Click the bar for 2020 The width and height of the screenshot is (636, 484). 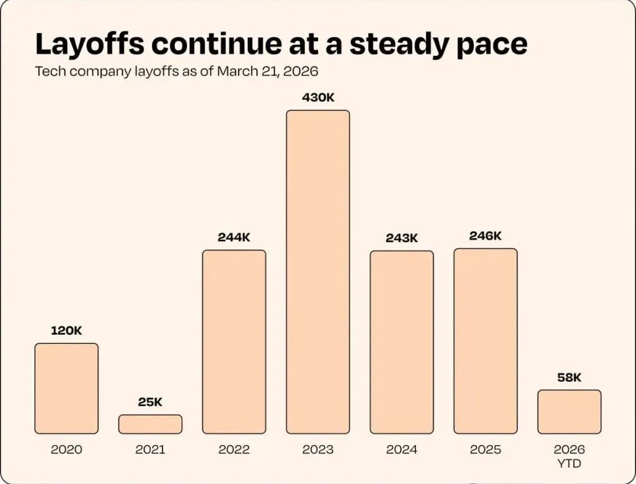pyautogui.click(x=67, y=388)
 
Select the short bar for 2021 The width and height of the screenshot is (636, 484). pyautogui.click(x=150, y=424)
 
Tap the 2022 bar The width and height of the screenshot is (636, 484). pyautogui.click(x=234, y=342)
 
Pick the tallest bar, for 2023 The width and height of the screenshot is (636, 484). pyautogui.click(x=318, y=272)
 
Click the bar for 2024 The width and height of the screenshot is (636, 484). pyautogui.click(x=402, y=342)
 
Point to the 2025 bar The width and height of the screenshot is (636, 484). pyautogui.click(x=485, y=341)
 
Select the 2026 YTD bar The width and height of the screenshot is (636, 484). pyautogui.click(x=569, y=412)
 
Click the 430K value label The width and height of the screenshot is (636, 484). pyautogui.click(x=318, y=98)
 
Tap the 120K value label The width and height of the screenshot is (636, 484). pyautogui.click(x=67, y=331)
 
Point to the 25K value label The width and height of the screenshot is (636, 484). pyautogui.click(x=150, y=402)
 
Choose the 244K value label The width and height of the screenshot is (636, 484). pyautogui.click(x=234, y=238)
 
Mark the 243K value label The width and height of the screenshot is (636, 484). pyautogui.click(x=402, y=238)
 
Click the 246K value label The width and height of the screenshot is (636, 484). pyautogui.click(x=485, y=236)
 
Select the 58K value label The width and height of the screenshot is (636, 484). pyautogui.click(x=569, y=378)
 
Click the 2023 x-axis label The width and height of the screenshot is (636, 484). pyautogui.click(x=318, y=450)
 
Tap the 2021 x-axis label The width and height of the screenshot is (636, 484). pyautogui.click(x=150, y=450)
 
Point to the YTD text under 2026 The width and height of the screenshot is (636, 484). pyautogui.click(x=569, y=463)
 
